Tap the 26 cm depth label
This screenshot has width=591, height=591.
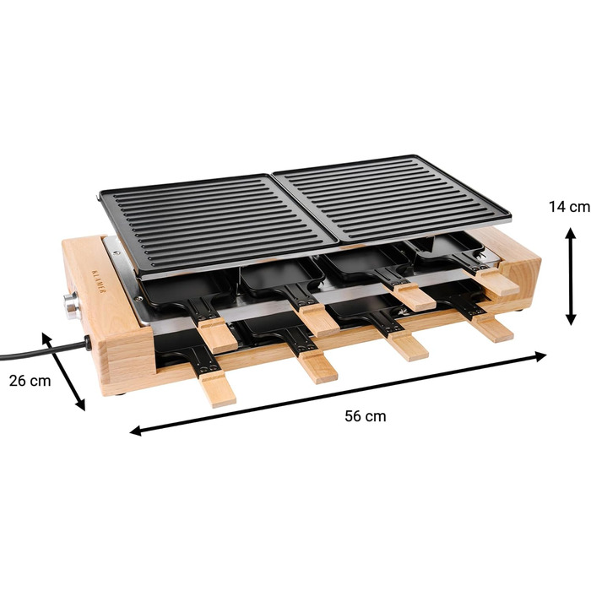click(x=30, y=381)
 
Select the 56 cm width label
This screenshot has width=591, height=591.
click(x=366, y=416)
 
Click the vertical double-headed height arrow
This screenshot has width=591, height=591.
click(x=572, y=277)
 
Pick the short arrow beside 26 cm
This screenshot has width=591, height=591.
click(x=63, y=371)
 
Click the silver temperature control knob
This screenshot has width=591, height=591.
click(x=71, y=306)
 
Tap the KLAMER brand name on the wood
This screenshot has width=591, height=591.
click(x=99, y=281)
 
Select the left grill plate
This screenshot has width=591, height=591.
click(x=218, y=222)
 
